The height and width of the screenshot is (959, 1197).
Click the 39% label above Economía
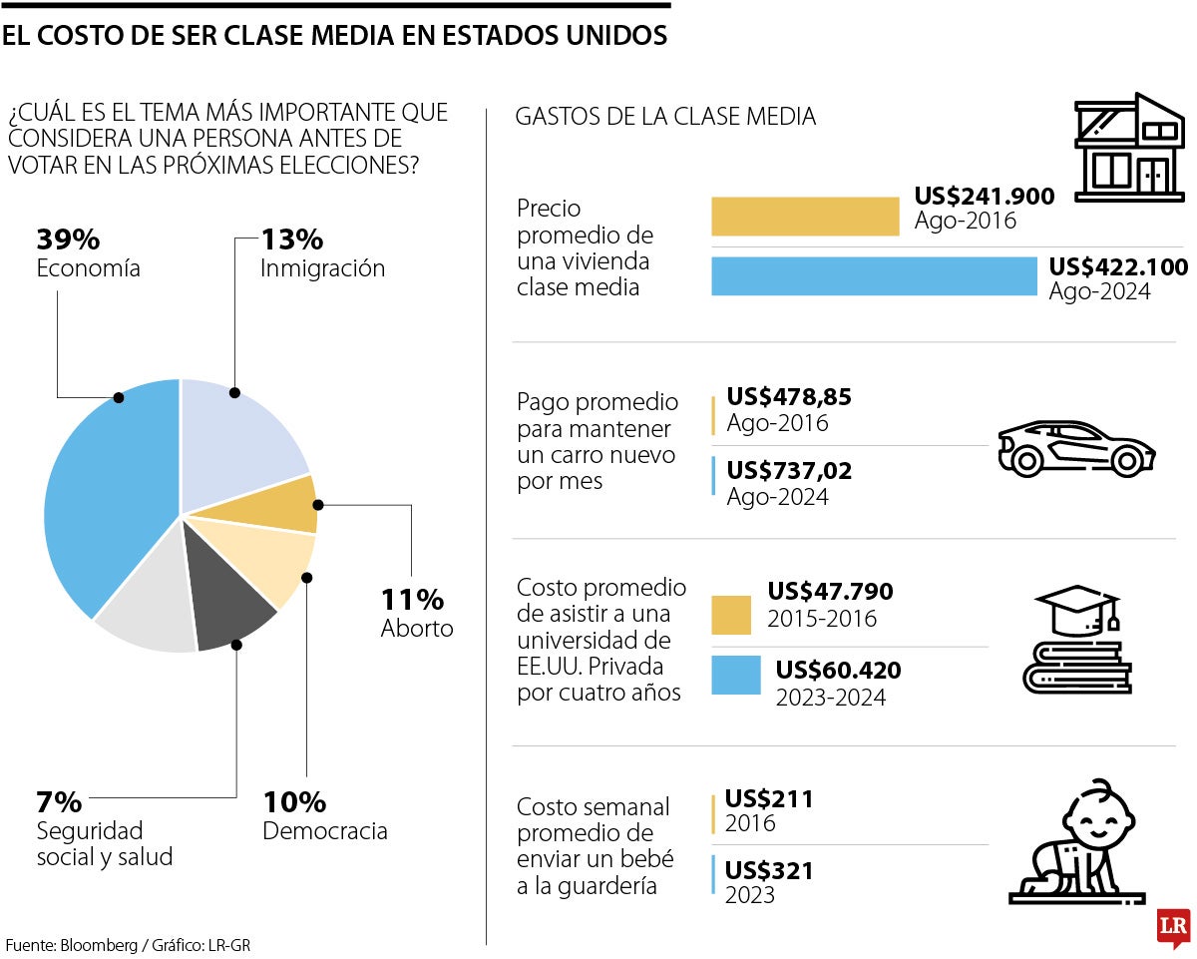pos(68,240)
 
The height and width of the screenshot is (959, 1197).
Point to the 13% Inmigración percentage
pos(292,240)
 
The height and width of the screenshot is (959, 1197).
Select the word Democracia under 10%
pos(324,831)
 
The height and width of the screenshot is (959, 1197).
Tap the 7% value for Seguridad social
pos(59,801)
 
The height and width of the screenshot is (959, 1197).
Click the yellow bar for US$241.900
pos(805,217)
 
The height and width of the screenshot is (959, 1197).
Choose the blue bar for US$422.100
pos(874,276)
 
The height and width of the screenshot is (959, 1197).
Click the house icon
pos(1128,149)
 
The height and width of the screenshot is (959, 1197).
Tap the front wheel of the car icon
pos(1126,461)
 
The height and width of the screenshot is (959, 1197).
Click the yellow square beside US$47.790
pos(730,615)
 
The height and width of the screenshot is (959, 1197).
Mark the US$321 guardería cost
pos(769,871)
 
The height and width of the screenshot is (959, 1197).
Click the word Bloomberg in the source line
pos(96,944)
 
